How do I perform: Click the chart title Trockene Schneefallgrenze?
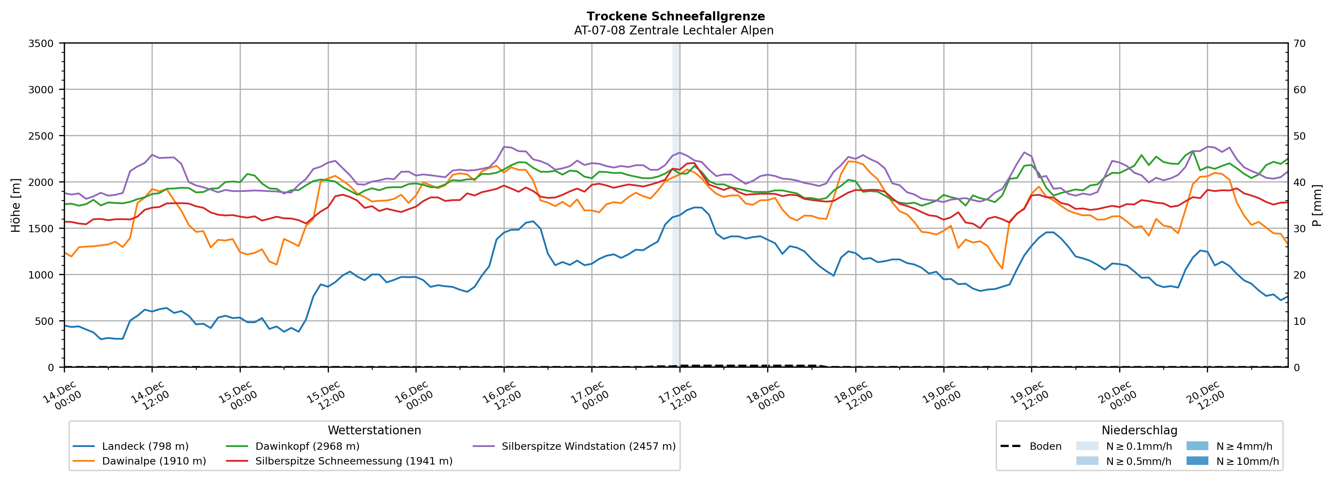point(675,16)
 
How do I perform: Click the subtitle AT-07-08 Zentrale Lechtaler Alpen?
point(673,31)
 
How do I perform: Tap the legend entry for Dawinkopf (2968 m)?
point(307,446)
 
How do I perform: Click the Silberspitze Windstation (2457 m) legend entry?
point(588,446)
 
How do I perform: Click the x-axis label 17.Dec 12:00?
point(678,396)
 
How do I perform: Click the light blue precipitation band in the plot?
point(676,207)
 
